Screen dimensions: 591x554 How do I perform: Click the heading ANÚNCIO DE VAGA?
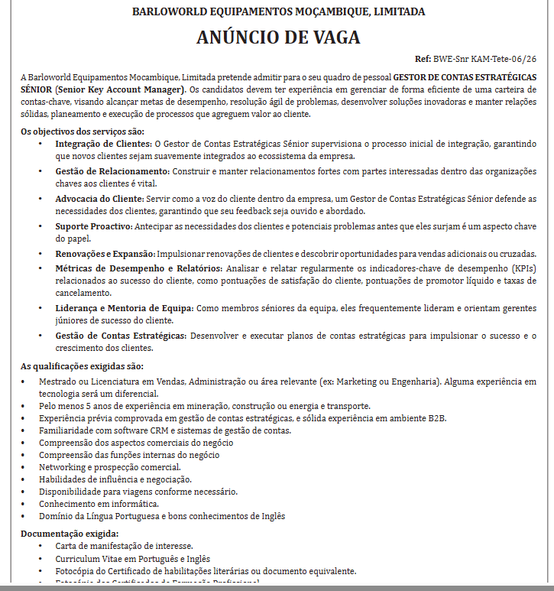coord(278,37)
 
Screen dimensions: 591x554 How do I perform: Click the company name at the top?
coord(278,11)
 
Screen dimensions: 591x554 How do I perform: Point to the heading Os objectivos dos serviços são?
coord(82,132)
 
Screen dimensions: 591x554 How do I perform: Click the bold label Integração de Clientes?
coord(103,144)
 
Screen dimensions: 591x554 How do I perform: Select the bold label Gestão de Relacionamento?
coord(111,171)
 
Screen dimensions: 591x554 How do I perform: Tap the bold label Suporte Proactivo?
coord(94,226)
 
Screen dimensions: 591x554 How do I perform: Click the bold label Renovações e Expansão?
coord(105,253)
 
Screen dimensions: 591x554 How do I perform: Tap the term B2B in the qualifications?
coord(436,418)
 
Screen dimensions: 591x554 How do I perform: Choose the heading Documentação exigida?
coord(70,533)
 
